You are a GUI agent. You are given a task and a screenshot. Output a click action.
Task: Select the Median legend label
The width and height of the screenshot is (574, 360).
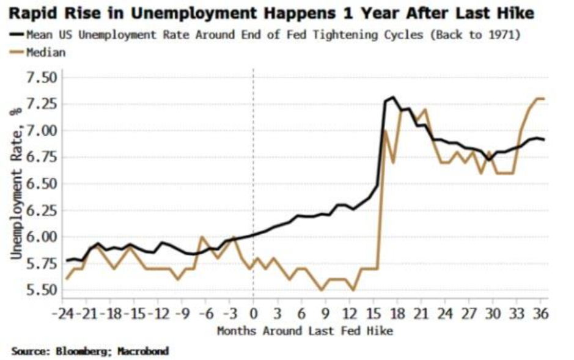coord(46,52)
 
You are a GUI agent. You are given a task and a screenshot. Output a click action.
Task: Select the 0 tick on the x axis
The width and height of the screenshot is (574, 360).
coord(253,315)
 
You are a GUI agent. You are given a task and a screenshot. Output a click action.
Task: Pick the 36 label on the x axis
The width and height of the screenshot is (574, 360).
coord(540,315)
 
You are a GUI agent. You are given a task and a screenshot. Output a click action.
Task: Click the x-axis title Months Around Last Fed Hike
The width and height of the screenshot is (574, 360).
coord(305,331)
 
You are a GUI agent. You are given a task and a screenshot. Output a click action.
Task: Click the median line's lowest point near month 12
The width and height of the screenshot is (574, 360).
coord(353,290)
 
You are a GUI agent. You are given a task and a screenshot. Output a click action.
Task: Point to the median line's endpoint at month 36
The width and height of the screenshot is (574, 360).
coord(543,98)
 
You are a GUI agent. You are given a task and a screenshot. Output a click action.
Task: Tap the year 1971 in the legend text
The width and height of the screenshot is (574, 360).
coord(504,35)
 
